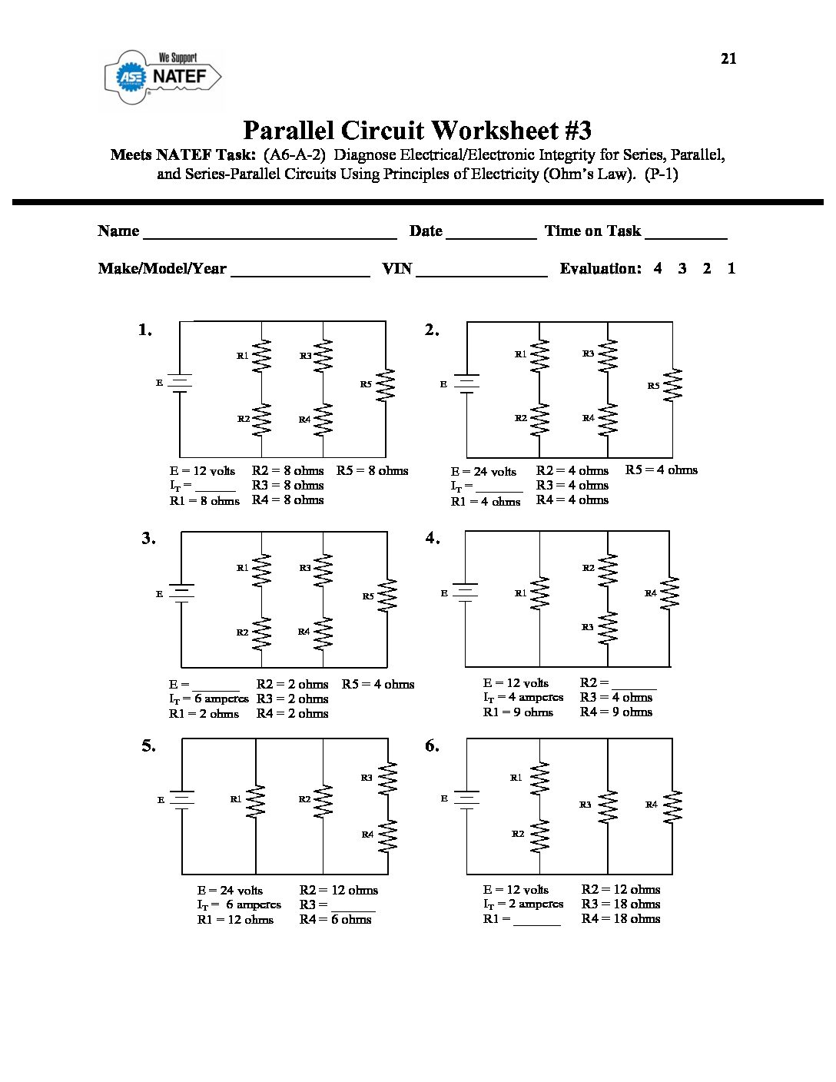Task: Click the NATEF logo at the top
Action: point(163,76)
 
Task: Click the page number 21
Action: point(728,58)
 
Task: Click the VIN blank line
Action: point(481,270)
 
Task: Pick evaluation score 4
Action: point(658,268)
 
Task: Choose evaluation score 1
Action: point(731,268)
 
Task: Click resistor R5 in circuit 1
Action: point(385,384)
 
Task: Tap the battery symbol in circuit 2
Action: point(466,383)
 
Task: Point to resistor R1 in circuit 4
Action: point(540,593)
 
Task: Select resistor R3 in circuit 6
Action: point(608,805)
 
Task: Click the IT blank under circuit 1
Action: point(215,486)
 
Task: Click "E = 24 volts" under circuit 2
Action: point(483,472)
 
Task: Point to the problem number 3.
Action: point(148,538)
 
